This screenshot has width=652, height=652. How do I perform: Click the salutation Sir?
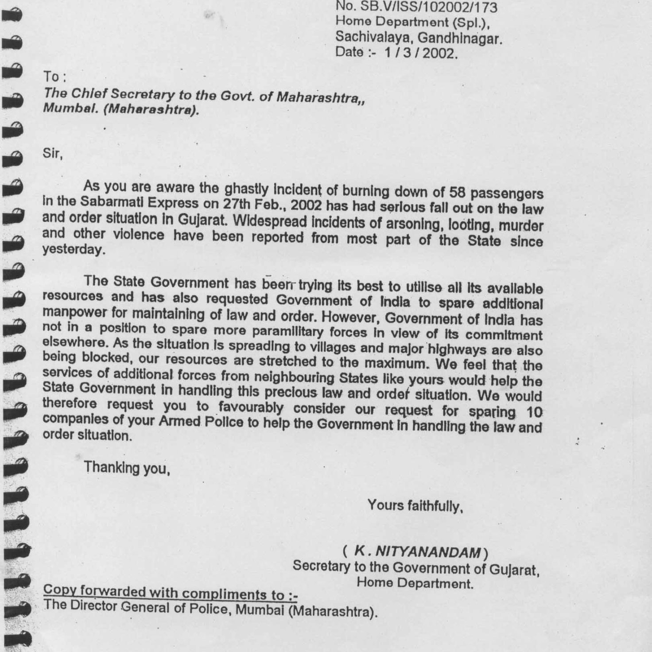point(52,154)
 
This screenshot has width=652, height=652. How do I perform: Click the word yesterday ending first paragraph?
point(74,250)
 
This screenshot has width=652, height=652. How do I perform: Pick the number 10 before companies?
point(534,412)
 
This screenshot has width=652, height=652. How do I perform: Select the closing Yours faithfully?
point(415,505)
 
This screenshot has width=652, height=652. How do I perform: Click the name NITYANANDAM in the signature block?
point(429,552)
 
